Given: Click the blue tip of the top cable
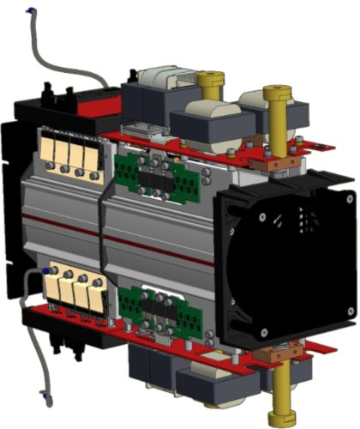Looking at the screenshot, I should pyautogui.click(x=32, y=10).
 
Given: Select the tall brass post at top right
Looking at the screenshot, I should pyautogui.click(x=275, y=112).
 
